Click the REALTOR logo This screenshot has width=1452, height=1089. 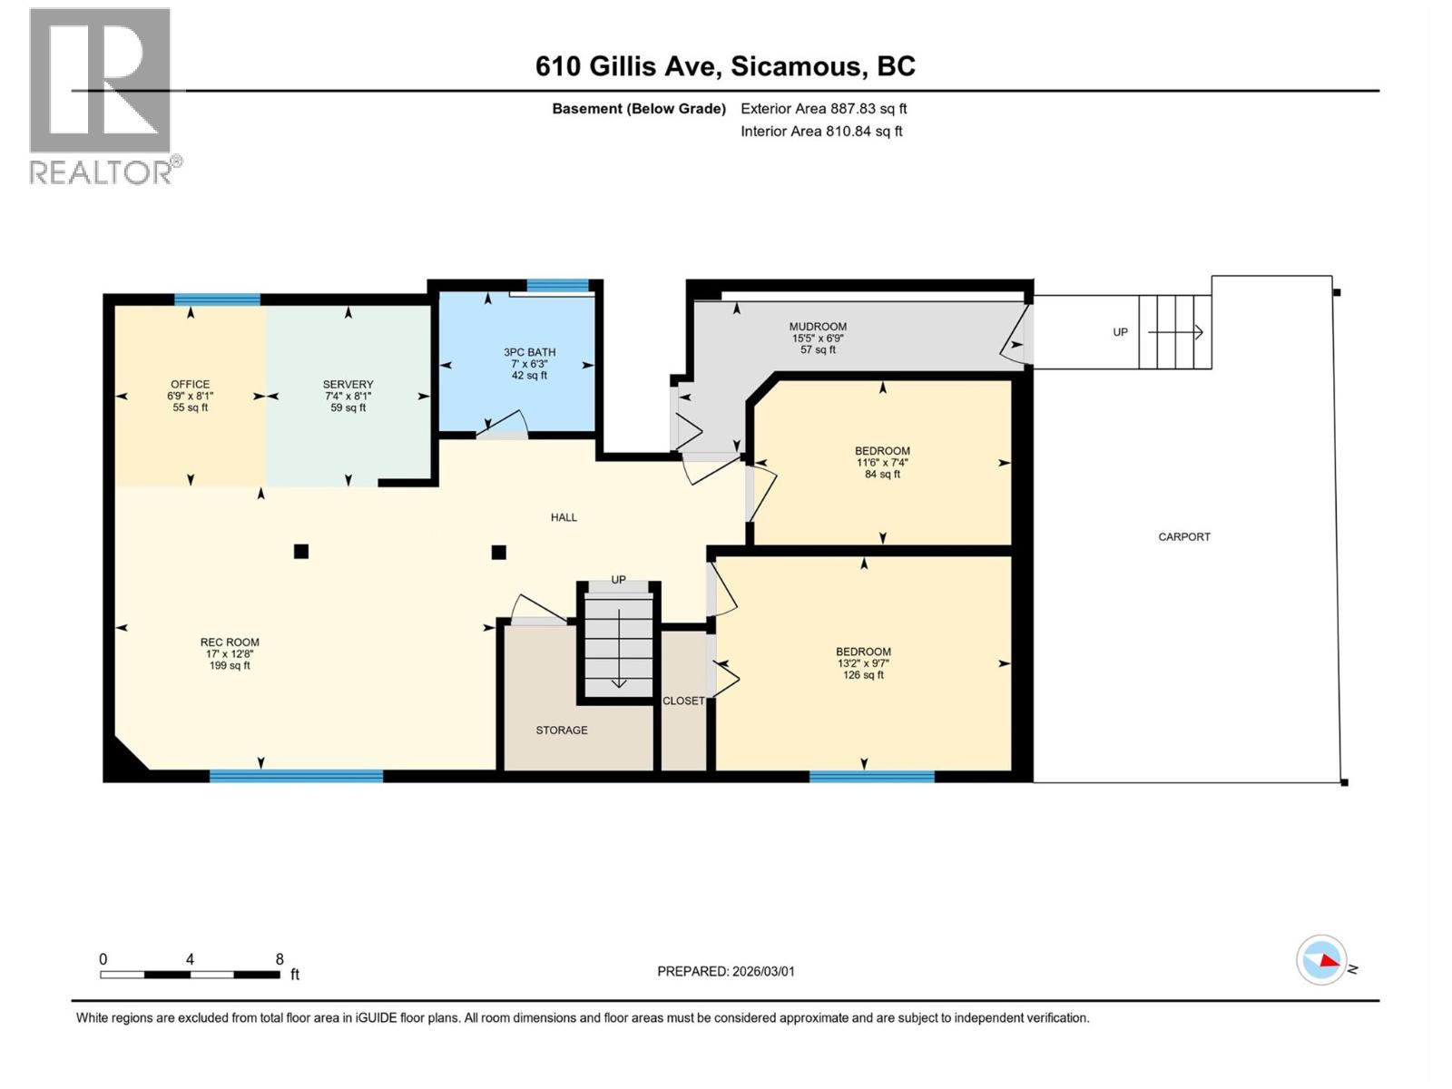coord(101,95)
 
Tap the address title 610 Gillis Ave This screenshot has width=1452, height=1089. coord(725,66)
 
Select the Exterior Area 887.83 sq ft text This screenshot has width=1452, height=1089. coord(823,109)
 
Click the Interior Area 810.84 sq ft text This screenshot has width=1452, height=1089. coord(821,132)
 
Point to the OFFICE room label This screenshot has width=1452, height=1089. coord(190,396)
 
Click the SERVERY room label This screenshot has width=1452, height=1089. coord(348,396)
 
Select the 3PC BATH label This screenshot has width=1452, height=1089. coord(529,363)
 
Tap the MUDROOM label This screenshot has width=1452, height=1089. coord(818,338)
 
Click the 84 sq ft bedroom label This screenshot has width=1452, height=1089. coord(882,462)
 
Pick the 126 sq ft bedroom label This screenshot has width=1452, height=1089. coord(863,662)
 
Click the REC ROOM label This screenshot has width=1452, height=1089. coord(230,653)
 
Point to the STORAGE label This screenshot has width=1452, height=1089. coord(561,731)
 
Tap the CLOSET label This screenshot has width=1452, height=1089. coord(683,701)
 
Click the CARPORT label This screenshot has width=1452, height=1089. coord(1183,537)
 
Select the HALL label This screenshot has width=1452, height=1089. coord(564,517)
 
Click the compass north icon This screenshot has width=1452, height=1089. coord(1321,960)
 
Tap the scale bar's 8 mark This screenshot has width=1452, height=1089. coord(280,959)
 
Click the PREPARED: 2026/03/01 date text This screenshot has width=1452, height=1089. coord(725,971)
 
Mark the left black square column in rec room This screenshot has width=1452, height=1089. coord(301,551)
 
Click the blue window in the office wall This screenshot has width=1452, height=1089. coord(217,299)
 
